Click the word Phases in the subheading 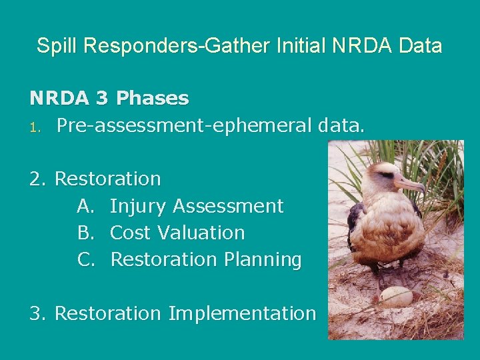152,99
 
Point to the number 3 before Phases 101,99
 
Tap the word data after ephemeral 341,125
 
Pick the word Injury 139,207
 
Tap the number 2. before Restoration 39,179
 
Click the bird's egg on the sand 395,295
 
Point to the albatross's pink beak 409,183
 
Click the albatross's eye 387,175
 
